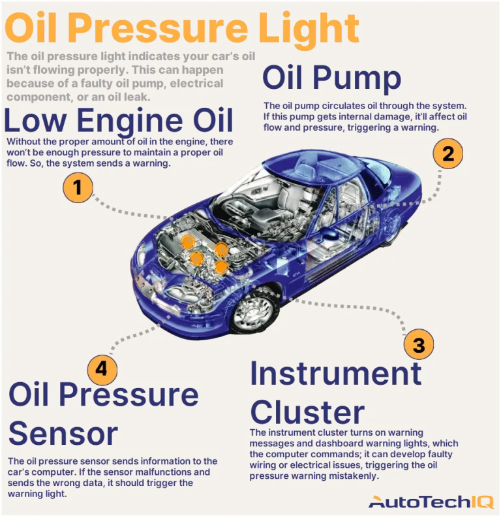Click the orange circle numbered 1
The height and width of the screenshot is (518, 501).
click(78, 188)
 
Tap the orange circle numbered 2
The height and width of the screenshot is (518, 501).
click(448, 154)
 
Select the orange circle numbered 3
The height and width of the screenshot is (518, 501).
click(419, 344)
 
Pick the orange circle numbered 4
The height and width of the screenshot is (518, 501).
click(100, 369)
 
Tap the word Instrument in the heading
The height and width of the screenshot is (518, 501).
click(335, 374)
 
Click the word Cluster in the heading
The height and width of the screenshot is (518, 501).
click(307, 412)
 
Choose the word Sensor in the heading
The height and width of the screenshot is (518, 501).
click(63, 432)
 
